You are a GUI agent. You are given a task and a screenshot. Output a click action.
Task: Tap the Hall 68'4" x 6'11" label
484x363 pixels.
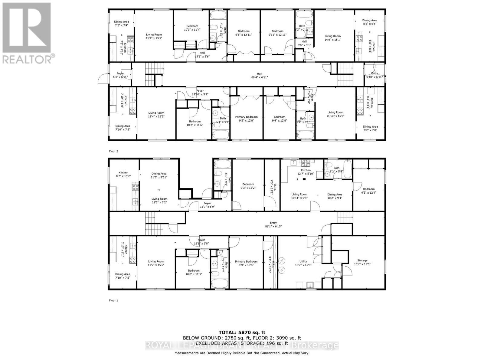(x=260, y=75)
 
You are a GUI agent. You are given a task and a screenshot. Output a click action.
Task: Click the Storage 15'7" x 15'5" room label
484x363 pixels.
(x=362, y=262)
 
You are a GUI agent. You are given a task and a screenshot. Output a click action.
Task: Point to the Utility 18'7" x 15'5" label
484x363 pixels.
(x=303, y=263)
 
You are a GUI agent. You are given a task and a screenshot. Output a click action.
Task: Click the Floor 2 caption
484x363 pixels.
(x=113, y=151)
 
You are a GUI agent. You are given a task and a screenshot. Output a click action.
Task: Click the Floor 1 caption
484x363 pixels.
(x=113, y=300)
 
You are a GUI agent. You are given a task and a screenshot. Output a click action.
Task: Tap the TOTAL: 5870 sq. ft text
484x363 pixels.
(x=242, y=333)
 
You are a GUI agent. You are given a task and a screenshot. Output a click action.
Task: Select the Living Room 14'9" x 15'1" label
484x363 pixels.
(x=332, y=38)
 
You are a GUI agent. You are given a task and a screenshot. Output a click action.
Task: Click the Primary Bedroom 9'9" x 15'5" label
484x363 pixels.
(x=246, y=263)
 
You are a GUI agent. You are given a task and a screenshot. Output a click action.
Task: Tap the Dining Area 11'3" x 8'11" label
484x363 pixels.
(x=159, y=175)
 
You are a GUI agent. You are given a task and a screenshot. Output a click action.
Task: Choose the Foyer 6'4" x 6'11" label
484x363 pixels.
(x=120, y=75)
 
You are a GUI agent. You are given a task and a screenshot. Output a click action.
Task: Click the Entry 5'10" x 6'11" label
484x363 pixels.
(x=374, y=75)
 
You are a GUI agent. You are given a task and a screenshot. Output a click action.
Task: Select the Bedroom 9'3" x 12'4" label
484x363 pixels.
(x=369, y=191)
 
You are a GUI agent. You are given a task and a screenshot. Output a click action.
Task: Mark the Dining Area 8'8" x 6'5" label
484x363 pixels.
(x=370, y=22)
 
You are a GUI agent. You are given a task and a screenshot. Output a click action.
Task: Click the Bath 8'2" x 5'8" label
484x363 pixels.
(x=336, y=169)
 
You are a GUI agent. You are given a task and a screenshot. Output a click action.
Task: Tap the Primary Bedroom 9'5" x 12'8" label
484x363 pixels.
(x=246, y=119)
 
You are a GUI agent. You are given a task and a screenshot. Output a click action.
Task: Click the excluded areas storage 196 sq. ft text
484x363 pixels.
(x=242, y=343)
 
